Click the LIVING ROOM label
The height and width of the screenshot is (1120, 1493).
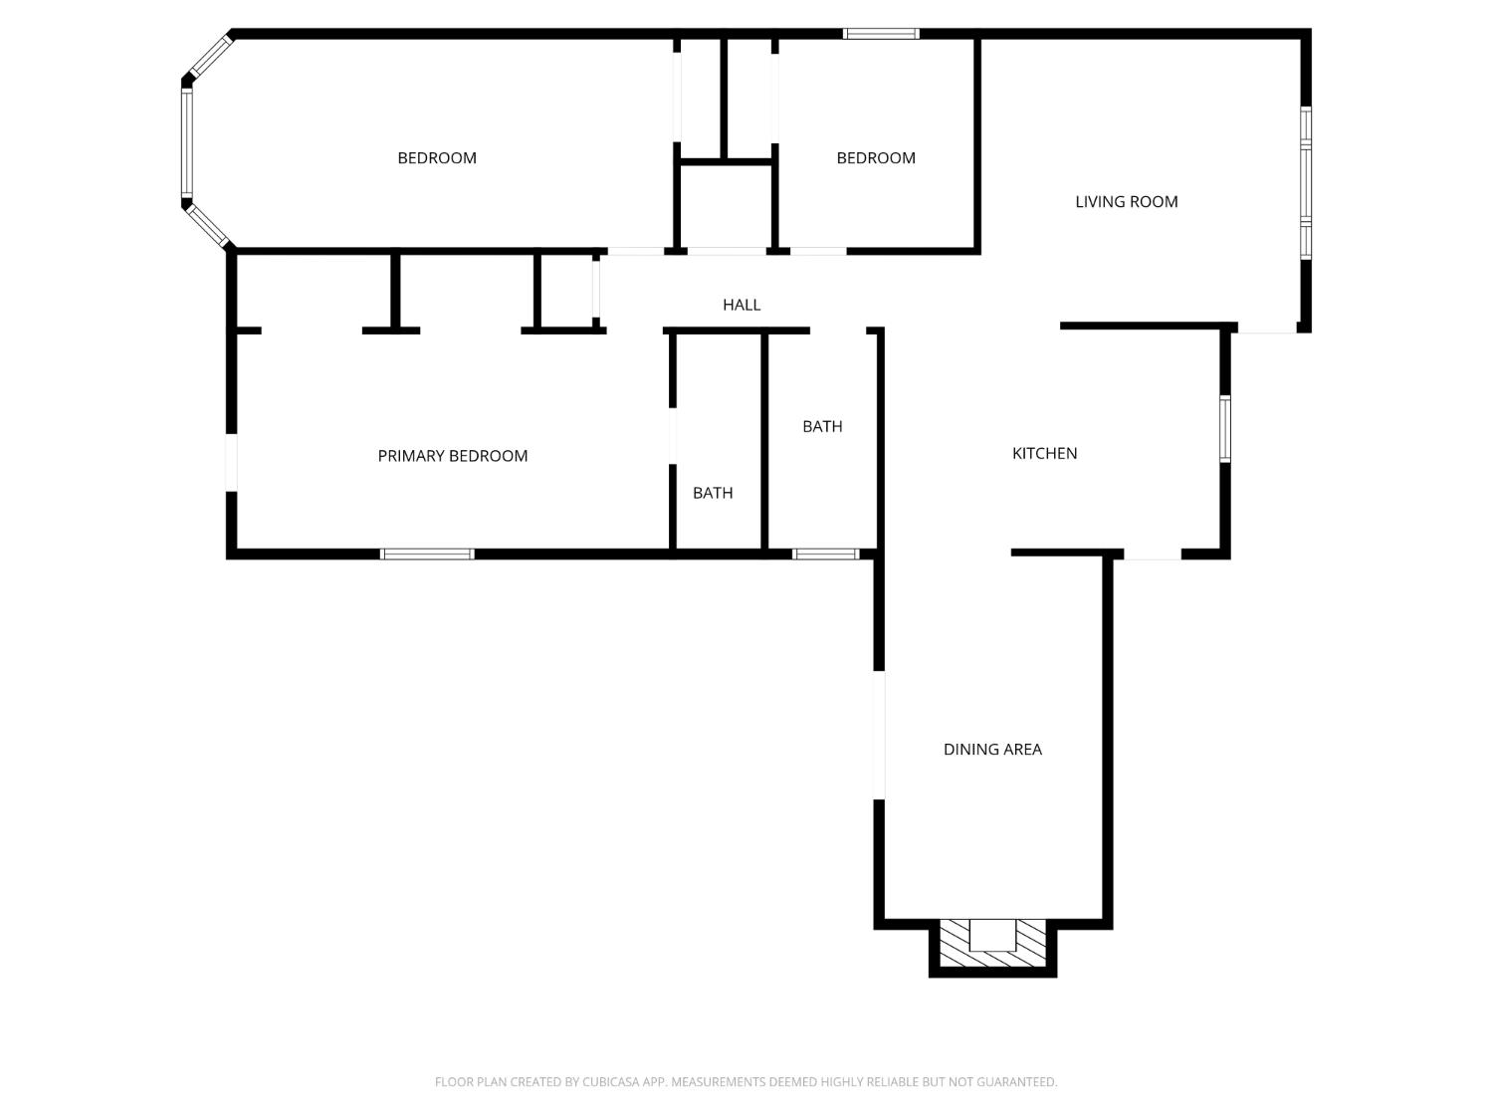point(1126,201)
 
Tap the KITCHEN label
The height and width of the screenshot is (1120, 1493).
point(1044,453)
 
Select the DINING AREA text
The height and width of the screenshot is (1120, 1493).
point(992,749)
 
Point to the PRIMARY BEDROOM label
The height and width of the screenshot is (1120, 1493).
point(452,456)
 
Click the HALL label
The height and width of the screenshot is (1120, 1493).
point(742,305)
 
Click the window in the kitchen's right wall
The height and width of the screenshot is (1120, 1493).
point(1225,429)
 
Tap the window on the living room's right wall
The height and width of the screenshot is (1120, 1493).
point(1305,182)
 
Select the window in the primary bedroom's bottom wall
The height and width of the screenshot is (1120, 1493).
point(426,554)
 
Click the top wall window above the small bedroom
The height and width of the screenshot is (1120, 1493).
point(881,33)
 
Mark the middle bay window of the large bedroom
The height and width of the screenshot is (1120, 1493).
point(187,142)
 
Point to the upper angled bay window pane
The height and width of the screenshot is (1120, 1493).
point(210,57)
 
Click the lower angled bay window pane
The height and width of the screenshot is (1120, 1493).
point(207,225)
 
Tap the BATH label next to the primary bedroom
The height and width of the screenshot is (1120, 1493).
point(712,493)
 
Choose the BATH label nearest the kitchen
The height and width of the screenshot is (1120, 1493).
point(822,426)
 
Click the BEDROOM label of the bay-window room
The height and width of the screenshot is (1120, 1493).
point(437,157)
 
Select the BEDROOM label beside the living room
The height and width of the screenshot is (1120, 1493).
point(875,157)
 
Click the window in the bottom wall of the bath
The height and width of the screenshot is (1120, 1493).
point(826,554)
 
